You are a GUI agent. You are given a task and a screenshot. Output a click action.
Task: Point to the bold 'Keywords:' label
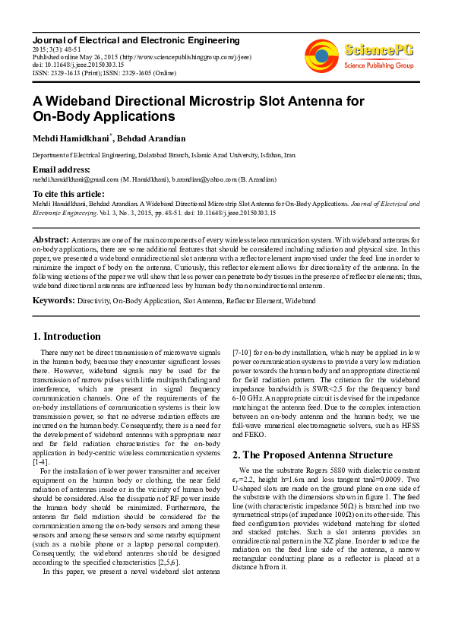point(53,300)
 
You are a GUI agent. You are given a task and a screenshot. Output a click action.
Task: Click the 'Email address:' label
point(61,169)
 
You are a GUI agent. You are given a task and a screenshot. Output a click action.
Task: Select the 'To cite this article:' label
point(70,194)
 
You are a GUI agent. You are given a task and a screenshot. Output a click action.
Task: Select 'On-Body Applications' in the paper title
point(103,117)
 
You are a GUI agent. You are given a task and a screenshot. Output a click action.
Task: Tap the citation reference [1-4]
point(41,462)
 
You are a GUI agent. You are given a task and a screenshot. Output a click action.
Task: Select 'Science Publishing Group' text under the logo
point(378,66)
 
